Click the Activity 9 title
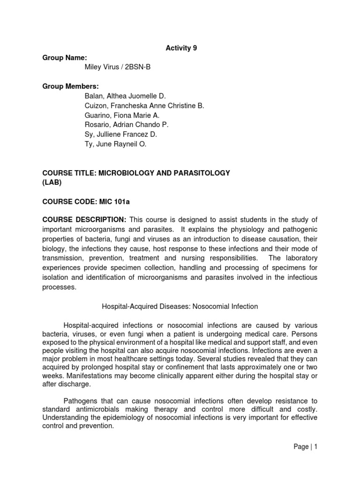click(180, 48)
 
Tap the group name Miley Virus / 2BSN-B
click(117, 67)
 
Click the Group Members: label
click(71, 86)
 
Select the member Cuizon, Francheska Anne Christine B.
click(144, 106)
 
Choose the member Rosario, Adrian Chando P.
click(126, 125)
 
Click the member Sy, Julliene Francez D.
click(120, 135)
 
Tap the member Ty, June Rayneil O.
click(115, 144)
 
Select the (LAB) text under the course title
click(52, 182)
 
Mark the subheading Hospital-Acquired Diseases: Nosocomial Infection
click(180, 307)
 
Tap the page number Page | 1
click(305, 447)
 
